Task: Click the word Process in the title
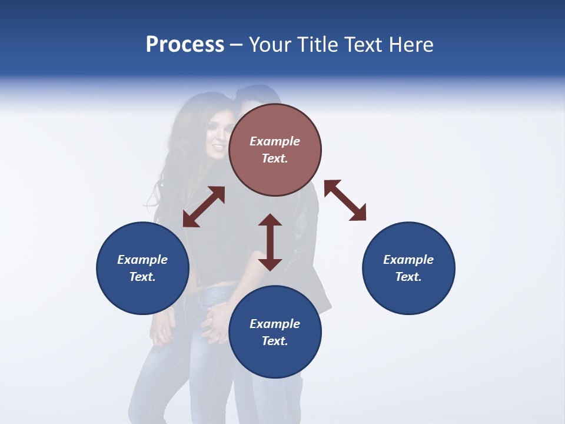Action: coord(185,45)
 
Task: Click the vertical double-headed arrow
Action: coord(270,242)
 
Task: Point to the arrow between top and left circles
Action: coord(204,207)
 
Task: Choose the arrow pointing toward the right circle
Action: coord(345,200)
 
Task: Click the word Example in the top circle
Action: coord(275,141)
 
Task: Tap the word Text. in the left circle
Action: coord(142,277)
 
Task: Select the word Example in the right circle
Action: coord(408,260)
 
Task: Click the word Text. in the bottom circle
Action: coord(275,341)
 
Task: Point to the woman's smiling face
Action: coord(217,138)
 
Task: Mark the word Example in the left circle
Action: coord(142,260)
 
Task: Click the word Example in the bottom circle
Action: coord(275,324)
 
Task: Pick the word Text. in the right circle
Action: coord(408,277)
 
